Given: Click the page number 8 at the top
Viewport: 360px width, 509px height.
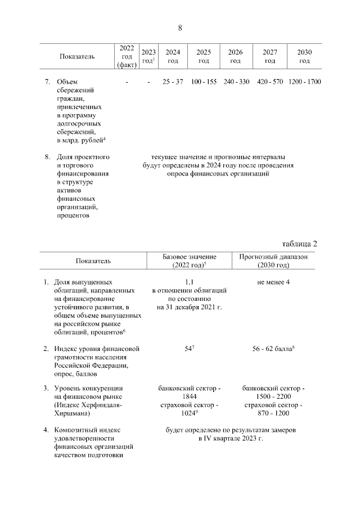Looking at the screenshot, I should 180,28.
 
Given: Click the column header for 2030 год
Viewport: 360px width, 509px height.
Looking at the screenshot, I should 304,56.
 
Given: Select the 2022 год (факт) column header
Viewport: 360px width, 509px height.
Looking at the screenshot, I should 127,56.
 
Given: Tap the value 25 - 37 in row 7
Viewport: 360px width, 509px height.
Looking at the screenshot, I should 173,82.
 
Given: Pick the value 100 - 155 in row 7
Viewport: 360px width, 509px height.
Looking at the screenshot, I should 204,82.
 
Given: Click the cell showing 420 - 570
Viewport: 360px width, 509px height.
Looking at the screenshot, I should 270,82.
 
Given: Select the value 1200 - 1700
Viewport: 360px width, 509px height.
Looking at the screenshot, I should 304,82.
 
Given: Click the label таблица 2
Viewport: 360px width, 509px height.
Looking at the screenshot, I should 299,244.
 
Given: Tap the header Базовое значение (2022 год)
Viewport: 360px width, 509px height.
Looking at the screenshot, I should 189,260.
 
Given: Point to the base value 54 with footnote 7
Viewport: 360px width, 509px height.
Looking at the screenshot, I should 189,349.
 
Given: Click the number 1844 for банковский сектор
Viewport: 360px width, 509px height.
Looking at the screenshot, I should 189,397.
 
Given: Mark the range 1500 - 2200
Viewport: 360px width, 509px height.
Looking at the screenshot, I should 273,397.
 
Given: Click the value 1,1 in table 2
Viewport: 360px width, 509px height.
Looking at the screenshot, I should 189,282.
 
